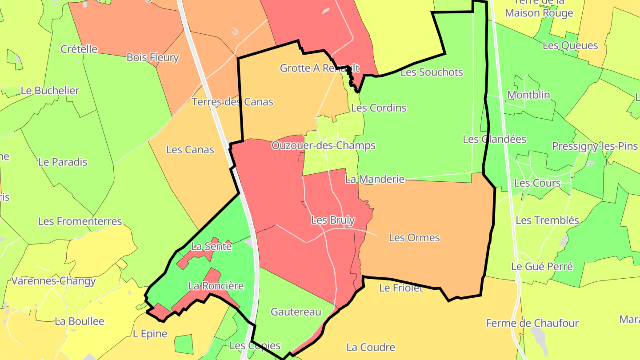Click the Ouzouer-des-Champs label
click(x=324, y=145)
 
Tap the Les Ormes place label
click(x=414, y=238)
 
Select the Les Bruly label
click(x=333, y=220)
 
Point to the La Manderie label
click(x=375, y=179)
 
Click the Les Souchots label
click(x=432, y=72)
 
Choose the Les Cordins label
click(x=379, y=108)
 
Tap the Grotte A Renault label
click(x=320, y=68)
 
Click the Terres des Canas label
click(x=232, y=102)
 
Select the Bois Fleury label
click(x=152, y=57)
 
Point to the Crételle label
click(x=79, y=49)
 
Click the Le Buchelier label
click(x=50, y=91)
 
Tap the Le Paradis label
click(x=63, y=162)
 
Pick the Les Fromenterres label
click(x=80, y=221)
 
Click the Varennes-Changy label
click(x=53, y=281)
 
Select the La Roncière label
click(x=216, y=286)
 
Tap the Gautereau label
click(x=296, y=312)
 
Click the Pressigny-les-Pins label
click(x=595, y=146)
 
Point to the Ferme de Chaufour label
click(x=532, y=323)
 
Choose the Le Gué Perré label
click(x=542, y=267)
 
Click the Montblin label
click(x=528, y=95)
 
